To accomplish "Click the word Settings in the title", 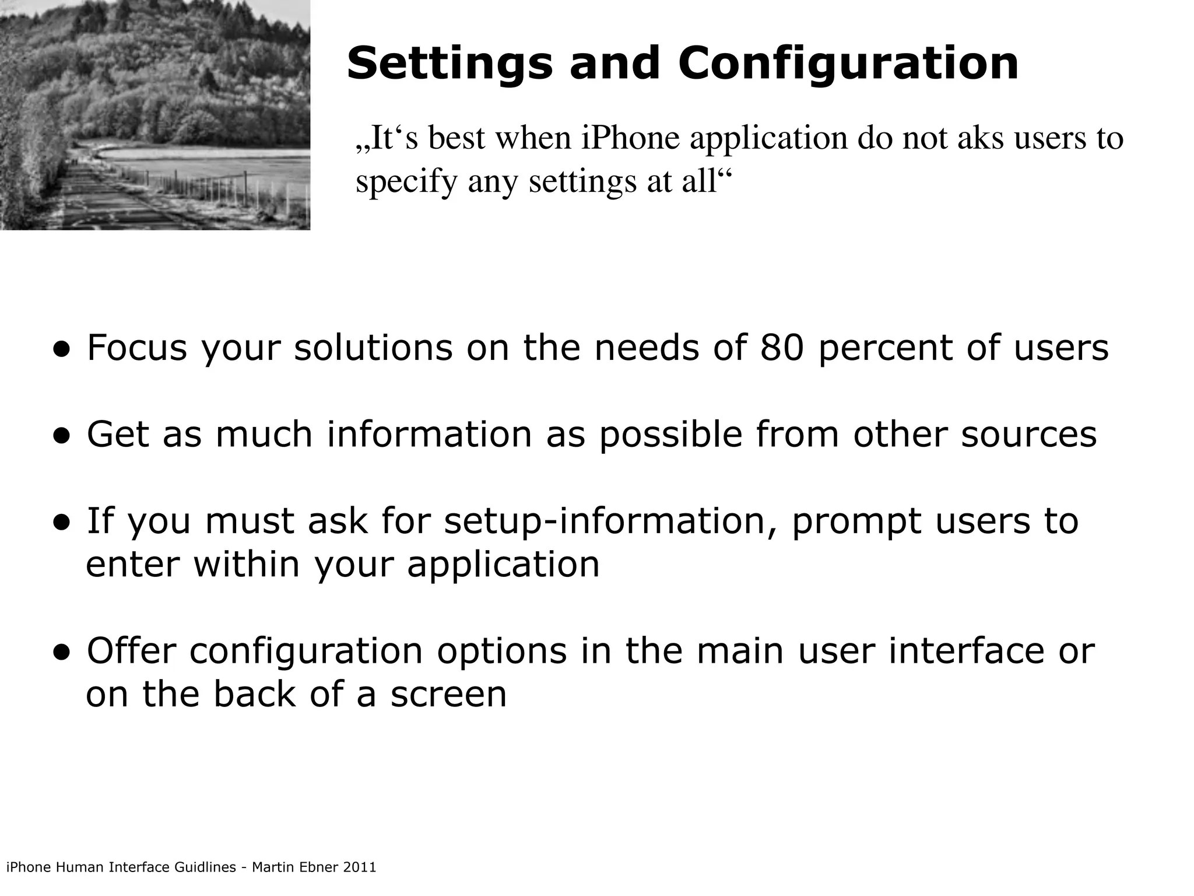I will tap(449, 64).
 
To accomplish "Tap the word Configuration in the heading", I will tap(848, 64).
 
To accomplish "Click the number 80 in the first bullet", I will tap(782, 348).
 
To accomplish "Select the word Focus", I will tap(137, 348).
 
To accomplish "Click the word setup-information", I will tap(610, 521).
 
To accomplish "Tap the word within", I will tap(246, 564).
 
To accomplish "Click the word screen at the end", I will tap(448, 695).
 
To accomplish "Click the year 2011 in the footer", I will tap(360, 867).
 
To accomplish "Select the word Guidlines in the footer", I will tap(205, 867).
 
